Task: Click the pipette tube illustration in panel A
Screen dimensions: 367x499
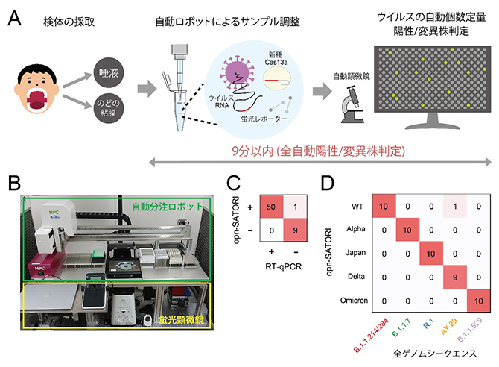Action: point(179,101)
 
